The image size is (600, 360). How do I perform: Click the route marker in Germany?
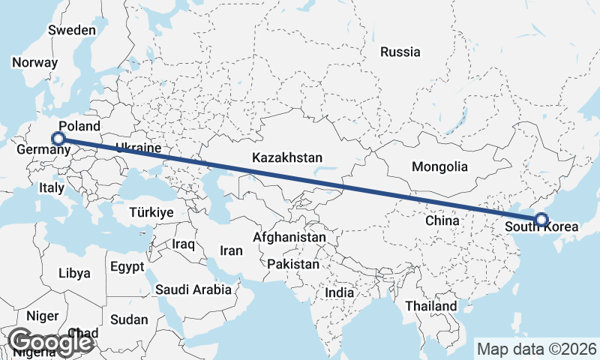pyautogui.click(x=58, y=138)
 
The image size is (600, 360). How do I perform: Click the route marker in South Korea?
pyautogui.click(x=541, y=220)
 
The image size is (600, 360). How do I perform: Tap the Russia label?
pyautogui.click(x=400, y=52)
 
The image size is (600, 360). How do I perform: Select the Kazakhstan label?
pyautogui.click(x=287, y=158)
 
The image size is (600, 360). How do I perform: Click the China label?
pyautogui.click(x=442, y=221)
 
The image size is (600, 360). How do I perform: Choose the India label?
pyautogui.click(x=340, y=292)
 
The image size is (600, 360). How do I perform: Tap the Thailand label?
pyautogui.click(x=430, y=306)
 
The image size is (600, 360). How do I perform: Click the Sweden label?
pyautogui.click(x=72, y=31)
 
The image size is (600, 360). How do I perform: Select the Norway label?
pyautogui.click(x=35, y=63)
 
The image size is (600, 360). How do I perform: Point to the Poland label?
pyautogui.click(x=79, y=126)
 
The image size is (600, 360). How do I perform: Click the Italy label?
pyautogui.click(x=52, y=187)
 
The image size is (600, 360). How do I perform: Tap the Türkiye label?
pyautogui.click(x=151, y=212)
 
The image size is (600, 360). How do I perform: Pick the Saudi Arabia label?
pyautogui.click(x=193, y=289)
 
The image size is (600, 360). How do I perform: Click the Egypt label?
pyautogui.click(x=126, y=266)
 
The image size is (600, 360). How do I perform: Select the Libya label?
pyautogui.click(x=74, y=273)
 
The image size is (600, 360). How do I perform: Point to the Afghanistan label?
pyautogui.click(x=289, y=238)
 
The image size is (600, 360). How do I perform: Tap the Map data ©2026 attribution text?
pyautogui.click(x=537, y=349)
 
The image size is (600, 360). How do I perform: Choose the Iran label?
pyautogui.click(x=231, y=250)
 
